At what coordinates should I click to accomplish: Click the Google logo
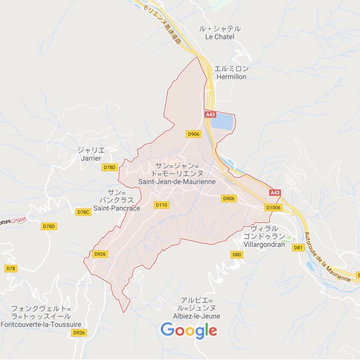tap(189, 331)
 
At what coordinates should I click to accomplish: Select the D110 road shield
tap(161, 205)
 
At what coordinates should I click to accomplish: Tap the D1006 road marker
tap(274, 208)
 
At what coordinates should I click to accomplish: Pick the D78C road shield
tap(83, 212)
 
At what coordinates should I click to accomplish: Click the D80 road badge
tap(237, 254)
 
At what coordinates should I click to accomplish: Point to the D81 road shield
tap(298, 248)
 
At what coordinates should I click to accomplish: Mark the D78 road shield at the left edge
tap(11, 268)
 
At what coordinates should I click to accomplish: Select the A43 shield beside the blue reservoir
tap(210, 115)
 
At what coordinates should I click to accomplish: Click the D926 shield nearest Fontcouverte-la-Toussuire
tap(79, 332)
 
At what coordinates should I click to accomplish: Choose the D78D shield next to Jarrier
tap(110, 167)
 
